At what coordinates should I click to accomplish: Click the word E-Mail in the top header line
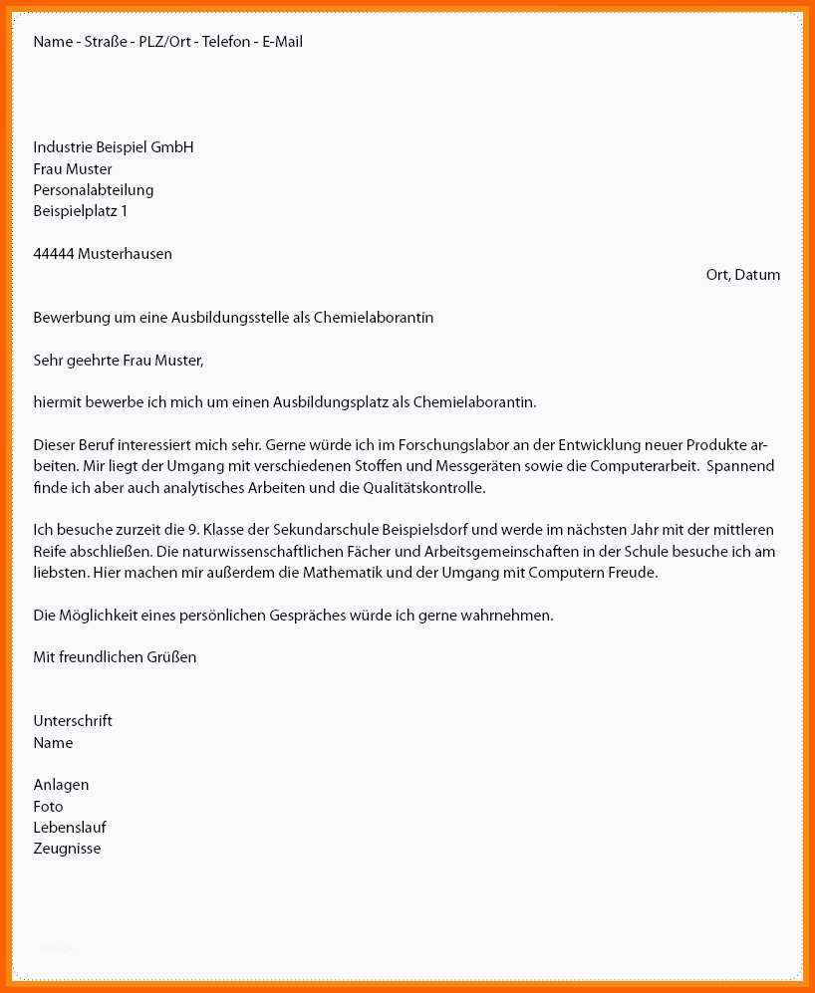[282, 42]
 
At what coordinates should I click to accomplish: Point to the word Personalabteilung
[93, 190]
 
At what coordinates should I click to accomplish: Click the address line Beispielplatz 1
[80, 211]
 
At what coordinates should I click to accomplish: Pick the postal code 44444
[54, 254]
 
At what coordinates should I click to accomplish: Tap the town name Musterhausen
[125, 254]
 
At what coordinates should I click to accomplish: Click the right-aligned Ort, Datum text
[742, 275]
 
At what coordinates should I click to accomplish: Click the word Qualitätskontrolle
[421, 488]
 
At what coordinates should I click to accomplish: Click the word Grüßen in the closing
[171, 657]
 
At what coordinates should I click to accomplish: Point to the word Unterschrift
[73, 721]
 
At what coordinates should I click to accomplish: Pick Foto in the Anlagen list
[48, 807]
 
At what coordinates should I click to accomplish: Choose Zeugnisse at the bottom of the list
[67, 850]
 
